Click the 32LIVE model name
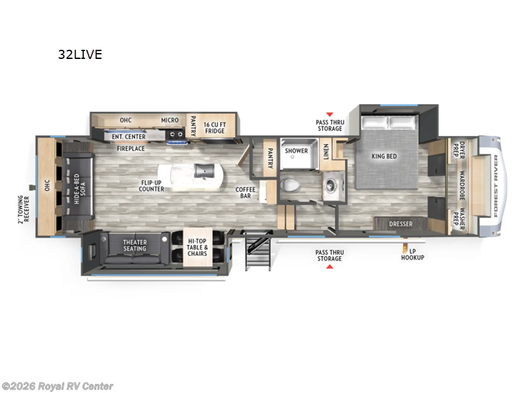79,54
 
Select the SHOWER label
296,151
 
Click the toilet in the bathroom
291,185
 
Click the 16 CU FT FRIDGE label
214,127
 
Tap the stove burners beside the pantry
176,136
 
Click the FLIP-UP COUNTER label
151,186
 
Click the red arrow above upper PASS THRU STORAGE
329,114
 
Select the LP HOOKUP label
413,254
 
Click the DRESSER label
401,224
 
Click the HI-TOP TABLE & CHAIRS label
197,250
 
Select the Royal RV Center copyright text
58,386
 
